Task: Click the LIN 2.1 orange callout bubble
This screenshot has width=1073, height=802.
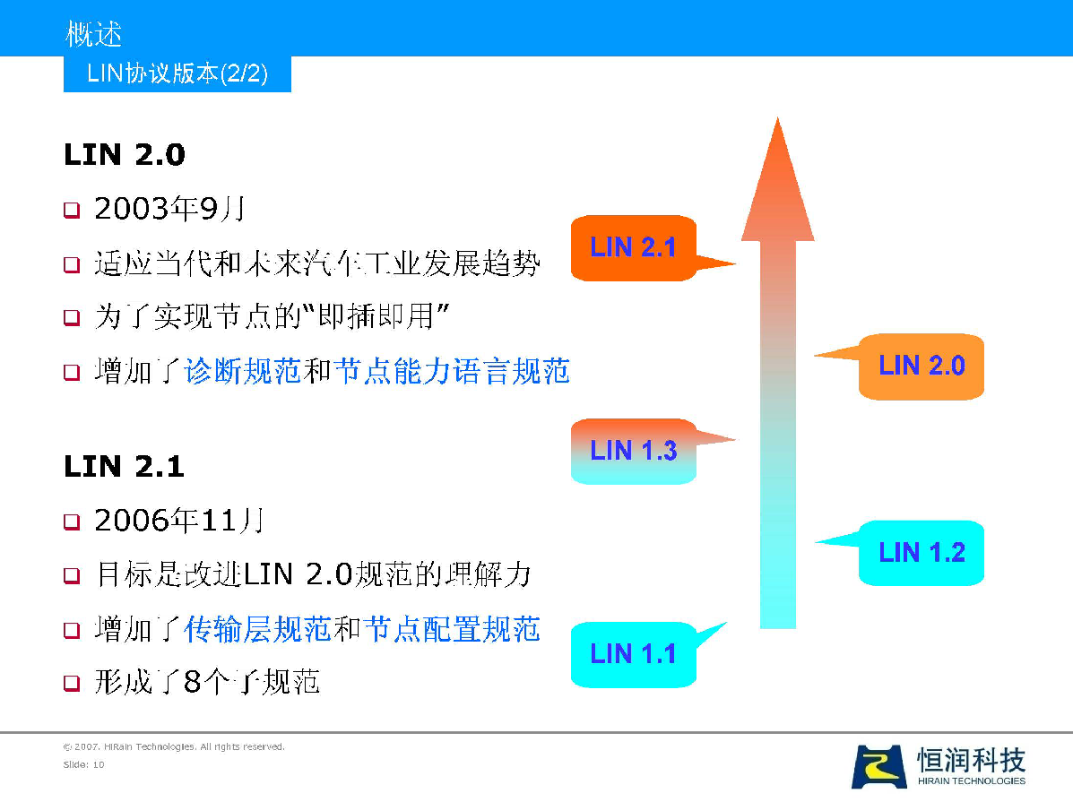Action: [x=634, y=247]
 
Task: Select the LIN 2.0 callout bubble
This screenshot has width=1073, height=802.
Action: [x=922, y=367]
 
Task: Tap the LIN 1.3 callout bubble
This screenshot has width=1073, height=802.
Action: [x=634, y=451]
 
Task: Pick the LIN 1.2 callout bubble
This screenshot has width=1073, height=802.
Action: [x=922, y=553]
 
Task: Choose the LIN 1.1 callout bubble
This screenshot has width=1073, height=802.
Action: [x=634, y=654]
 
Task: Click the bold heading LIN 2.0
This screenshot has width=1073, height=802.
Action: [x=125, y=155]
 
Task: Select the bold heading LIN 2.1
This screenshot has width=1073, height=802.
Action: [x=125, y=467]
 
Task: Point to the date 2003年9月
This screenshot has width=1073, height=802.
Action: [x=169, y=209]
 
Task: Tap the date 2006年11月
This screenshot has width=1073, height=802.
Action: [x=179, y=521]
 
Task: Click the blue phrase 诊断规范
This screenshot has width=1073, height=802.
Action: [x=243, y=371]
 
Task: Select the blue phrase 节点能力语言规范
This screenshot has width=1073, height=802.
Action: [x=452, y=371]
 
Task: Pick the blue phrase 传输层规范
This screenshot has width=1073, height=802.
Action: [x=257, y=630]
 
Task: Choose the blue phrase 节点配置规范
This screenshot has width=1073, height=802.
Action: [x=452, y=630]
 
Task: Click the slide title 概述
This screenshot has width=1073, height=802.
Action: [x=94, y=34]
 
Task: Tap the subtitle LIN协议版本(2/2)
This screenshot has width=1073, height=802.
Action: [x=177, y=73]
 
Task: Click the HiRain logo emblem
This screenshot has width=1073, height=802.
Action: [x=878, y=766]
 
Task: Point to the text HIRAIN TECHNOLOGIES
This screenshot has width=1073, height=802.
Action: [x=971, y=780]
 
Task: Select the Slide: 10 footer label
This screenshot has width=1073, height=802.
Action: [x=83, y=764]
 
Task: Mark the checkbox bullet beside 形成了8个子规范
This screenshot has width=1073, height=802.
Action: [x=72, y=683]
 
